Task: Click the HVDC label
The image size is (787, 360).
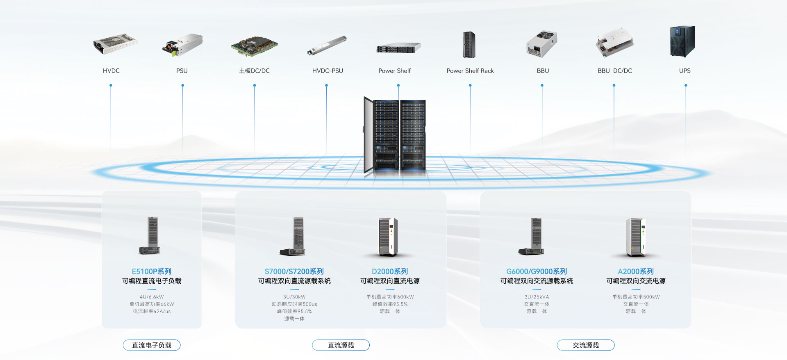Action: click(x=111, y=71)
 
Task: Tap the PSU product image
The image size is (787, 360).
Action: click(x=183, y=45)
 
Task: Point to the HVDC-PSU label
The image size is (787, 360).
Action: click(x=328, y=71)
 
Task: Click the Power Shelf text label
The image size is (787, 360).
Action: click(x=394, y=71)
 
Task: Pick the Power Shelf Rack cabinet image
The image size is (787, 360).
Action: click(x=469, y=45)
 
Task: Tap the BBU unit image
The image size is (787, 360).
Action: click(x=542, y=44)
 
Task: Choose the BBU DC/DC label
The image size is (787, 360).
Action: click(x=614, y=71)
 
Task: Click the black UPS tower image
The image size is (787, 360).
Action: click(x=682, y=41)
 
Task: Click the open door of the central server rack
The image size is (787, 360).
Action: click(x=368, y=134)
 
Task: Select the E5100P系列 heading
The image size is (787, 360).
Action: click(x=152, y=271)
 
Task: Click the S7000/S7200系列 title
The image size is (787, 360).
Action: click(x=294, y=271)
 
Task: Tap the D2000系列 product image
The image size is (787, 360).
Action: click(x=388, y=237)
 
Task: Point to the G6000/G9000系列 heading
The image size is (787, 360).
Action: click(x=537, y=271)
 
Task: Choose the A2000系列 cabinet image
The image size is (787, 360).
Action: click(x=635, y=237)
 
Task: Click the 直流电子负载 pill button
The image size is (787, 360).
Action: click(x=152, y=345)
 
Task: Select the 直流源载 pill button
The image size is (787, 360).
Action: click(x=341, y=345)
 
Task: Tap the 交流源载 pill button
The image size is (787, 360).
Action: click(x=586, y=345)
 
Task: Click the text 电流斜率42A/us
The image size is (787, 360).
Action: click(x=152, y=312)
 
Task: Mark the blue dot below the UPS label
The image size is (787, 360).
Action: click(x=686, y=86)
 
